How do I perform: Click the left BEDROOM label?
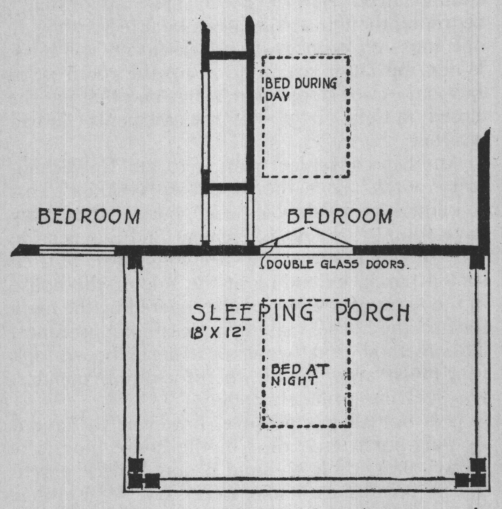pyautogui.click(x=89, y=217)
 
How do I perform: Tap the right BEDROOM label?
pyautogui.click(x=340, y=216)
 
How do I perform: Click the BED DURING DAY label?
pyautogui.click(x=301, y=89)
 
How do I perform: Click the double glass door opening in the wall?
pyautogui.click(x=307, y=250)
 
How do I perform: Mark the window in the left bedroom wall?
pyautogui.click(x=77, y=251)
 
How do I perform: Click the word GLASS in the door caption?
pyautogui.click(x=340, y=264)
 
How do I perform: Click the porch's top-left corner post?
pyautogui.click(x=135, y=262)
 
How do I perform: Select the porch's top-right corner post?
pyautogui.click(x=477, y=262)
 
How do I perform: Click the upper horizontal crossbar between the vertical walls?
pyautogui.click(x=228, y=55)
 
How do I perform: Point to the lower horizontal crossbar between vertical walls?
pyautogui.click(x=228, y=186)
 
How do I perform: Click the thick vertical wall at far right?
pyautogui.click(x=484, y=193)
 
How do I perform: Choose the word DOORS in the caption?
pyautogui.click(x=385, y=264)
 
